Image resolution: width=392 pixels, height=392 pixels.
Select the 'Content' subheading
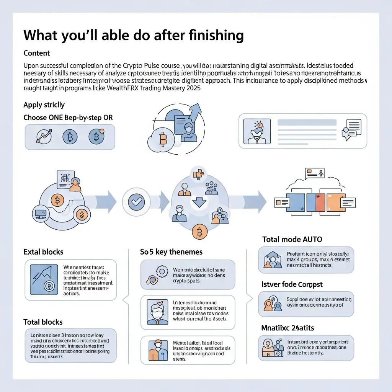coord(37,53)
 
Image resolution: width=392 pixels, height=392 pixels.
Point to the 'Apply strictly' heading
coord(44,105)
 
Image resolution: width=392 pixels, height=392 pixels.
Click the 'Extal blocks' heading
coord(43,252)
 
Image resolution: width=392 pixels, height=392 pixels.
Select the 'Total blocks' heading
coord(43,322)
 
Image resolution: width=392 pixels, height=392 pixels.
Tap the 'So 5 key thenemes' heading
coord(171,252)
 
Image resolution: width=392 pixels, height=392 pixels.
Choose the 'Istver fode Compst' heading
coord(292,284)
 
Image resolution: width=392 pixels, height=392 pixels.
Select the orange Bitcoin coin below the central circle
coord(199,232)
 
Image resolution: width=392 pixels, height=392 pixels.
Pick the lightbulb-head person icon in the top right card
coord(257,130)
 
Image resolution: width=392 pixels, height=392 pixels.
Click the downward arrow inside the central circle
coord(199,201)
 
